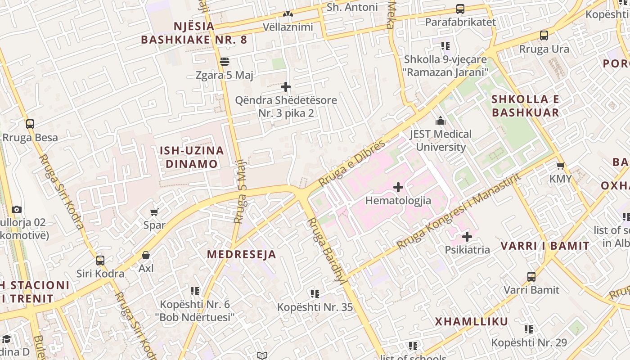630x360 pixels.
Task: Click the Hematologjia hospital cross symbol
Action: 398,187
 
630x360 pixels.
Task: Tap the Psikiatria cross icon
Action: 467,236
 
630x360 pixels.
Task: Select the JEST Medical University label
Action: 441,140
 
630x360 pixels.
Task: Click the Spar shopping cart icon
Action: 154,211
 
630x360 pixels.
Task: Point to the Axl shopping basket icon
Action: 146,255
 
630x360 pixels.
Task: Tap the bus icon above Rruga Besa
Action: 30,124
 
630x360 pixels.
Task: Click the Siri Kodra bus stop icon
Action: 100,260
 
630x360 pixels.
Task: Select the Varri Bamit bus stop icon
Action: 531,276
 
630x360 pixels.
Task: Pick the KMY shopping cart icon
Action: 561,166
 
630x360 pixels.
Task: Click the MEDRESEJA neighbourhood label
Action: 242,254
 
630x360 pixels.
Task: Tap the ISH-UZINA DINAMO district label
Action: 192,157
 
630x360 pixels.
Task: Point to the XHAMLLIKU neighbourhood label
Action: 471,322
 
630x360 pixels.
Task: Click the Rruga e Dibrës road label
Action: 352,163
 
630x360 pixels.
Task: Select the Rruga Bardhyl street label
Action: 325,250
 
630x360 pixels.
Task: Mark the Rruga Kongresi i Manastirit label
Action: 459,211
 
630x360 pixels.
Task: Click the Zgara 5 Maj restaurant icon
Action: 225,62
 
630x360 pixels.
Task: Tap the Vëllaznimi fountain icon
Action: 288,14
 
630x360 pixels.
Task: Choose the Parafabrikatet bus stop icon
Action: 460,9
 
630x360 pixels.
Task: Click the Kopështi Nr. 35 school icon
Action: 315,294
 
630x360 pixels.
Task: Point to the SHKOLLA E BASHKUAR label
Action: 525,106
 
